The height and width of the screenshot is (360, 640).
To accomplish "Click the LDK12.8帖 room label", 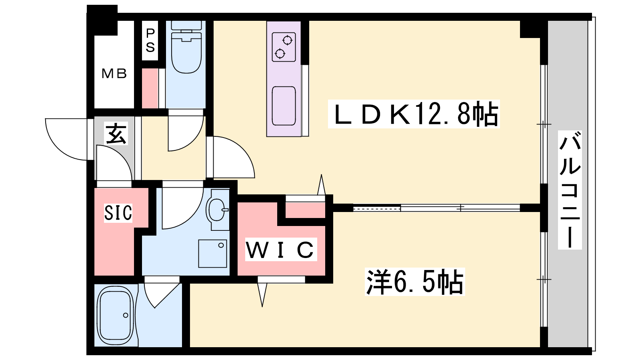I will pos(414,114).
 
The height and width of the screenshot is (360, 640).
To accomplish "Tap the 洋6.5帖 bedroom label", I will pos(415,282).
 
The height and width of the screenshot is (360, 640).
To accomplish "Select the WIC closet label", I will pos(280,250).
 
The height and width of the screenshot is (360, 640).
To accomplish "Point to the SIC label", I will pos(118,212).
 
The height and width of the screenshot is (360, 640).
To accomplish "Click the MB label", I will pos(114,74).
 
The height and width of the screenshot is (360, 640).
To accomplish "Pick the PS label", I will pos(150,40).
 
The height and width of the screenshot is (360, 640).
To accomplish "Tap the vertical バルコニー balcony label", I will pos(570,190).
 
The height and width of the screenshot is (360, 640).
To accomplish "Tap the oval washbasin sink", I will pos(217,209).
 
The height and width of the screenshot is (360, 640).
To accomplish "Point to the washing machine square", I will pos(212,254).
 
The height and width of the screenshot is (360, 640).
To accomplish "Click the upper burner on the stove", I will pos(287,40).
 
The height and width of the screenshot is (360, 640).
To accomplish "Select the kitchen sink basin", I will pos(284,106).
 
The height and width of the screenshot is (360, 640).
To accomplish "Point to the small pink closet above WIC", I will pos(306,210).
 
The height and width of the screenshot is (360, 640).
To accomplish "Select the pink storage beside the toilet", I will pos(150,88).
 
